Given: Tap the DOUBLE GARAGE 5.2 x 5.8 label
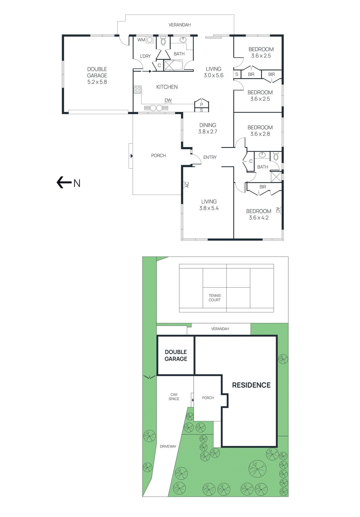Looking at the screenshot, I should pyautogui.click(x=97, y=76).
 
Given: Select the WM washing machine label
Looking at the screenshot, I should pyautogui.click(x=141, y=40).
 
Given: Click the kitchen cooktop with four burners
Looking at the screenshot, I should pyautogui.click(x=138, y=90).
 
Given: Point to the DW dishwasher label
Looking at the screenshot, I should pyautogui.click(x=168, y=100).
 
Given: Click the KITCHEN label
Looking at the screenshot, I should pyautogui.click(x=167, y=87).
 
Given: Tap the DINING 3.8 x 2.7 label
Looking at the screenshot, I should pyautogui.click(x=208, y=128).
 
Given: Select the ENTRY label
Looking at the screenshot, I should pyautogui.click(x=210, y=157).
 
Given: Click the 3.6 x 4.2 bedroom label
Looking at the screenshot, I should pyautogui.click(x=259, y=215).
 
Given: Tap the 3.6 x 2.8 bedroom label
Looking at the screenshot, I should pyautogui.click(x=260, y=131).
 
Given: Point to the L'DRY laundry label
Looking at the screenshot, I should pyautogui.click(x=145, y=56).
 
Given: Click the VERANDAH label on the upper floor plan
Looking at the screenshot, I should pyautogui.click(x=180, y=25).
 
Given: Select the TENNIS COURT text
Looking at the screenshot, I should pyautogui.click(x=215, y=298).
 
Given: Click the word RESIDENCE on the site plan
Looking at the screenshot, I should pyautogui.click(x=251, y=385).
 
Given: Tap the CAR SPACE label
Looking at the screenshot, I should pyautogui.click(x=174, y=397).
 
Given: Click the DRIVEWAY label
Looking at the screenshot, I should pyautogui.click(x=168, y=447).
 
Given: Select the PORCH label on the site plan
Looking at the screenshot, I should pyautogui.click(x=208, y=398).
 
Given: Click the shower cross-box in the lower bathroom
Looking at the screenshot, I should pyautogui.click(x=276, y=177).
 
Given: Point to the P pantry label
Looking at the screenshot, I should pyautogui.click(x=201, y=104).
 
